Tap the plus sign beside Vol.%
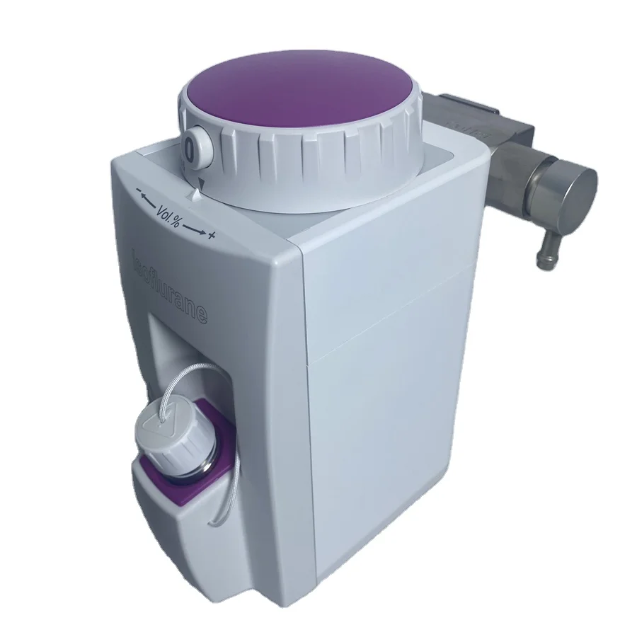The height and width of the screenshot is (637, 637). coord(210,236)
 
